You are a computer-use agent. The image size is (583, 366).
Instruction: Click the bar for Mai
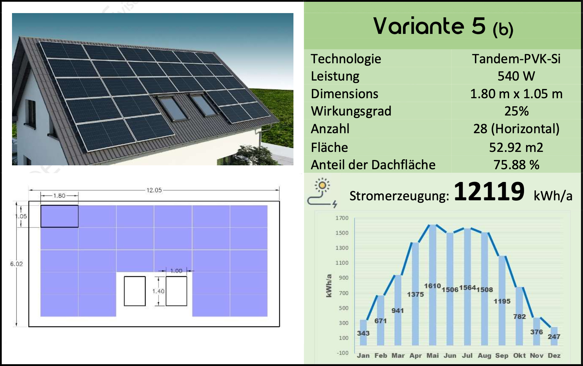(x=433, y=285)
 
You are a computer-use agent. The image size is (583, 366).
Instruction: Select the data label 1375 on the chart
(x=415, y=294)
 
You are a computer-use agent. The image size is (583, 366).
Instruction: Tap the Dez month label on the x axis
(x=554, y=356)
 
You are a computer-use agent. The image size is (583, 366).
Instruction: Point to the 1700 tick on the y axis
(x=342, y=218)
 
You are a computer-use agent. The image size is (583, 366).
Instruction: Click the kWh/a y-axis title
(x=329, y=285)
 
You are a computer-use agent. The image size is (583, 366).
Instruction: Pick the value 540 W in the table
(x=516, y=76)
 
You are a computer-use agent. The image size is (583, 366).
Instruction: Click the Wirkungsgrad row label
(x=351, y=111)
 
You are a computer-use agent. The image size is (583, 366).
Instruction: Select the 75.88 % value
(x=516, y=165)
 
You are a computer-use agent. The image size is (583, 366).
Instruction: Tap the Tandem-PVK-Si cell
(x=516, y=59)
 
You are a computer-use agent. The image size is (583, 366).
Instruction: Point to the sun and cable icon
(x=322, y=193)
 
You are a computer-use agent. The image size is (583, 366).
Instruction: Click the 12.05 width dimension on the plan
(x=154, y=190)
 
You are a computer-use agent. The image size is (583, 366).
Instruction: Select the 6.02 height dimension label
(x=16, y=264)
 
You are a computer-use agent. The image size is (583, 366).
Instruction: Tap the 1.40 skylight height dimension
(x=159, y=291)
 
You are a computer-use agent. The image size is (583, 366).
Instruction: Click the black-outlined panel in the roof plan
(x=59, y=216)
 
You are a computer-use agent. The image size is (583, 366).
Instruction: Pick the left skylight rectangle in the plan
(x=135, y=291)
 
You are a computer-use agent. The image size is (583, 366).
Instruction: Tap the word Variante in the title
(x=419, y=26)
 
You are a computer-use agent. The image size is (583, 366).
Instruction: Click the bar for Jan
(x=363, y=333)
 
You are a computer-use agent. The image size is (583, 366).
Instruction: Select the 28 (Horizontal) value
(x=516, y=129)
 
